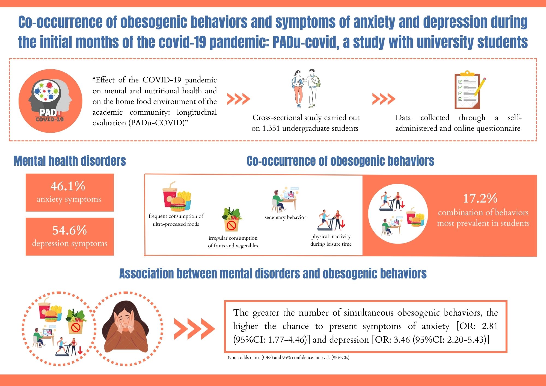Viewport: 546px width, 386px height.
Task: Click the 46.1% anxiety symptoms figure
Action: tap(68, 186)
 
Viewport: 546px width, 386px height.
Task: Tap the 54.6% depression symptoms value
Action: tap(70, 230)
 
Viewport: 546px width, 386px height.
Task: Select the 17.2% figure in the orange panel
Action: tap(480, 198)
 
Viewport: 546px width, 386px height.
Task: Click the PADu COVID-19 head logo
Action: tap(51, 101)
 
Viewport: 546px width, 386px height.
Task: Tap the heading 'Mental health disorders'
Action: tap(70, 161)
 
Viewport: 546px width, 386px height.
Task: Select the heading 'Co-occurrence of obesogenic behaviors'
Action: tap(340, 161)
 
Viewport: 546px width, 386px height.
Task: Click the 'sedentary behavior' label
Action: tap(285, 217)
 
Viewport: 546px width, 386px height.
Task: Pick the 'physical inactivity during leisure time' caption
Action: tap(331, 240)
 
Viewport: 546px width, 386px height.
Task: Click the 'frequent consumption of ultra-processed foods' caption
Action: tap(176, 220)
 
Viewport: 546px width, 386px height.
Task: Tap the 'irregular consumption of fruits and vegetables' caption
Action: tap(233, 242)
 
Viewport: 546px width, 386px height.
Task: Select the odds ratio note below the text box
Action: tap(289, 357)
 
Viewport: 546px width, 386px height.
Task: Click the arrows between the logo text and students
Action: tap(238, 99)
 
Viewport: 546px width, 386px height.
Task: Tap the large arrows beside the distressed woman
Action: tap(194, 328)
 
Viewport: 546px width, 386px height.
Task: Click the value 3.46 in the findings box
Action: tap(402, 340)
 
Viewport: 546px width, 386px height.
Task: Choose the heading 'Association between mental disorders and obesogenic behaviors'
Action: tap(273, 274)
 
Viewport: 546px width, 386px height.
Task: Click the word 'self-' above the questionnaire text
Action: tap(515, 118)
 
